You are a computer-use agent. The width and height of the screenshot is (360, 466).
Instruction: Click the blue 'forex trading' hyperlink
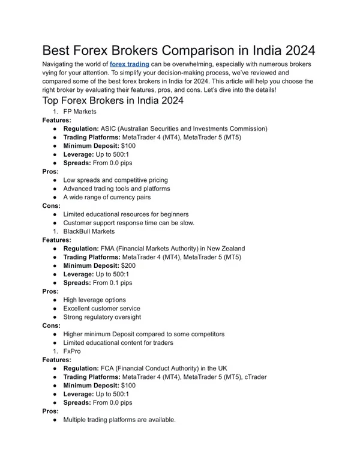pos(129,64)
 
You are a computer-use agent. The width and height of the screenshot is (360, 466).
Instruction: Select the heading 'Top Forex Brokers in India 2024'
pos(113,101)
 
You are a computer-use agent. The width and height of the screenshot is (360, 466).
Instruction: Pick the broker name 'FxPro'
pos(72,351)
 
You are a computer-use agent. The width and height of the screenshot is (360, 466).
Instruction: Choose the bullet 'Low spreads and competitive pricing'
pos(115,180)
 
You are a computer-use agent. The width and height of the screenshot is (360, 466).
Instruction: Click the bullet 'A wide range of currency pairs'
pos(107,197)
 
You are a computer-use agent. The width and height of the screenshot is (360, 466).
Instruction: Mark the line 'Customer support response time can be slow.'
pos(128,223)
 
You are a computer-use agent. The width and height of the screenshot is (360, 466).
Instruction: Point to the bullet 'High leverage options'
pos(94,300)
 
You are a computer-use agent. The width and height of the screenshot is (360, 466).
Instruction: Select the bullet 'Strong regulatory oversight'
pos(102,316)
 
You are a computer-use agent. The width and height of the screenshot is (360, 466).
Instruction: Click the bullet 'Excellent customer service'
pos(101,308)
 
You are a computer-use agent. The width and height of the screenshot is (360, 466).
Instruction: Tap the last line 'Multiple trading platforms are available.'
pos(119,420)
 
